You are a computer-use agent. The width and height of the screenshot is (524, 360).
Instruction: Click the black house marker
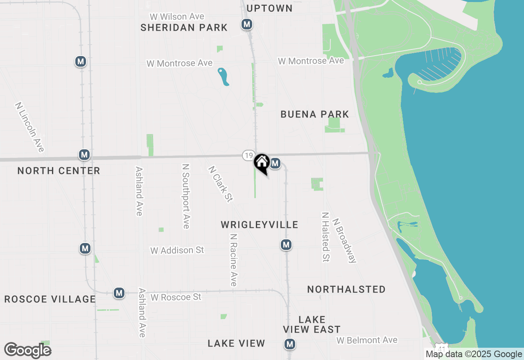coord(262,162)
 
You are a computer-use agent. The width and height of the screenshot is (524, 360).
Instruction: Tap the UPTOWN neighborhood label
coord(270,8)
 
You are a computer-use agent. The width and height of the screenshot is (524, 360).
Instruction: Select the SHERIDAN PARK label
coord(184,27)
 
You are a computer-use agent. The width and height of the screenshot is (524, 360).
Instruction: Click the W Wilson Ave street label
coord(177,17)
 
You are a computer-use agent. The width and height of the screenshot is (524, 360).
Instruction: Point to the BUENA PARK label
coord(315,114)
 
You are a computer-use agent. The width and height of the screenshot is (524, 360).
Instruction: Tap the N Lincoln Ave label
coord(29,127)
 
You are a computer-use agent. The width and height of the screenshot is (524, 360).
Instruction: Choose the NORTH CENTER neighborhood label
coord(59,171)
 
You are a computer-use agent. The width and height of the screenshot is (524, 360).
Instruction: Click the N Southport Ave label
coord(186,196)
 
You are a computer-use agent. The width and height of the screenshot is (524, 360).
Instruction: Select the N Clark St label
coord(220,184)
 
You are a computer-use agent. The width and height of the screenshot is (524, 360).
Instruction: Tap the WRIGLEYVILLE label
coord(260,225)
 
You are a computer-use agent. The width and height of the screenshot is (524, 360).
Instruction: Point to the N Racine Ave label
coord(233,260)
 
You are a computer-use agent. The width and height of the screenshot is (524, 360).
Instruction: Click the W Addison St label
coord(177,250)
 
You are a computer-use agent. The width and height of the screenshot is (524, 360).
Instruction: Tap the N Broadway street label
coord(344,240)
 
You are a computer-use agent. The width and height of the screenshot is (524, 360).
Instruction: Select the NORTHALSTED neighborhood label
coord(346,289)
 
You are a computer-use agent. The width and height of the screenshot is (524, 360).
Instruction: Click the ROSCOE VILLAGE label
coord(50,299)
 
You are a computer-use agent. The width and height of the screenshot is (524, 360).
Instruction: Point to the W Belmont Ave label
coord(367,340)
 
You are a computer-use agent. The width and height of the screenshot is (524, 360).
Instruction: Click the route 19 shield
coord(248,155)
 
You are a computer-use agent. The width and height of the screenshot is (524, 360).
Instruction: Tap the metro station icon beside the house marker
coord(275,164)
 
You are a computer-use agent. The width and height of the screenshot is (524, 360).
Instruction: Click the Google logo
coord(27,350)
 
